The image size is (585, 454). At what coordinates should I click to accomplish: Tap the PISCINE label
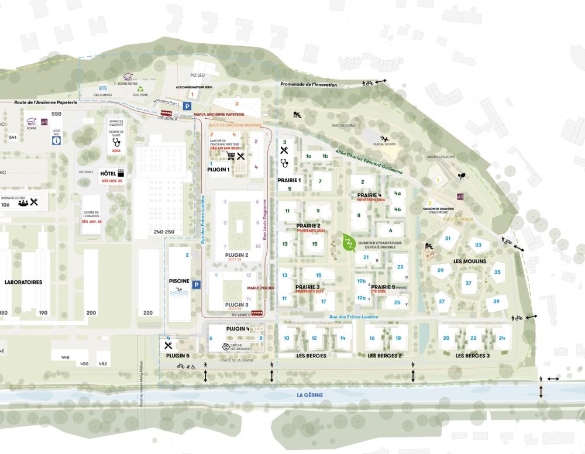tap(179, 281)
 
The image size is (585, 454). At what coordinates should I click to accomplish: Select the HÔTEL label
tap(108, 174)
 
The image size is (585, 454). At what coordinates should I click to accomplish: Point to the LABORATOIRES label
tap(23, 282)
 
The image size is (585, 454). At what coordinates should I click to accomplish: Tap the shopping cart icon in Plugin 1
tap(230, 156)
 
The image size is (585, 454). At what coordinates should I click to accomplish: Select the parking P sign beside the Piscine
tap(197, 285)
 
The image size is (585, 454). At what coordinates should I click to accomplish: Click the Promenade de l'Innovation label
tap(308, 85)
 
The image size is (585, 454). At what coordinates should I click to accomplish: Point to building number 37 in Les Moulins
tap(469, 283)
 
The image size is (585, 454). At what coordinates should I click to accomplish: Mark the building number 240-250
tap(164, 232)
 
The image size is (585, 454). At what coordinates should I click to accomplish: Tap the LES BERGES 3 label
tap(473, 356)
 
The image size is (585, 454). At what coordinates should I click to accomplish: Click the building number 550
tap(56, 114)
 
